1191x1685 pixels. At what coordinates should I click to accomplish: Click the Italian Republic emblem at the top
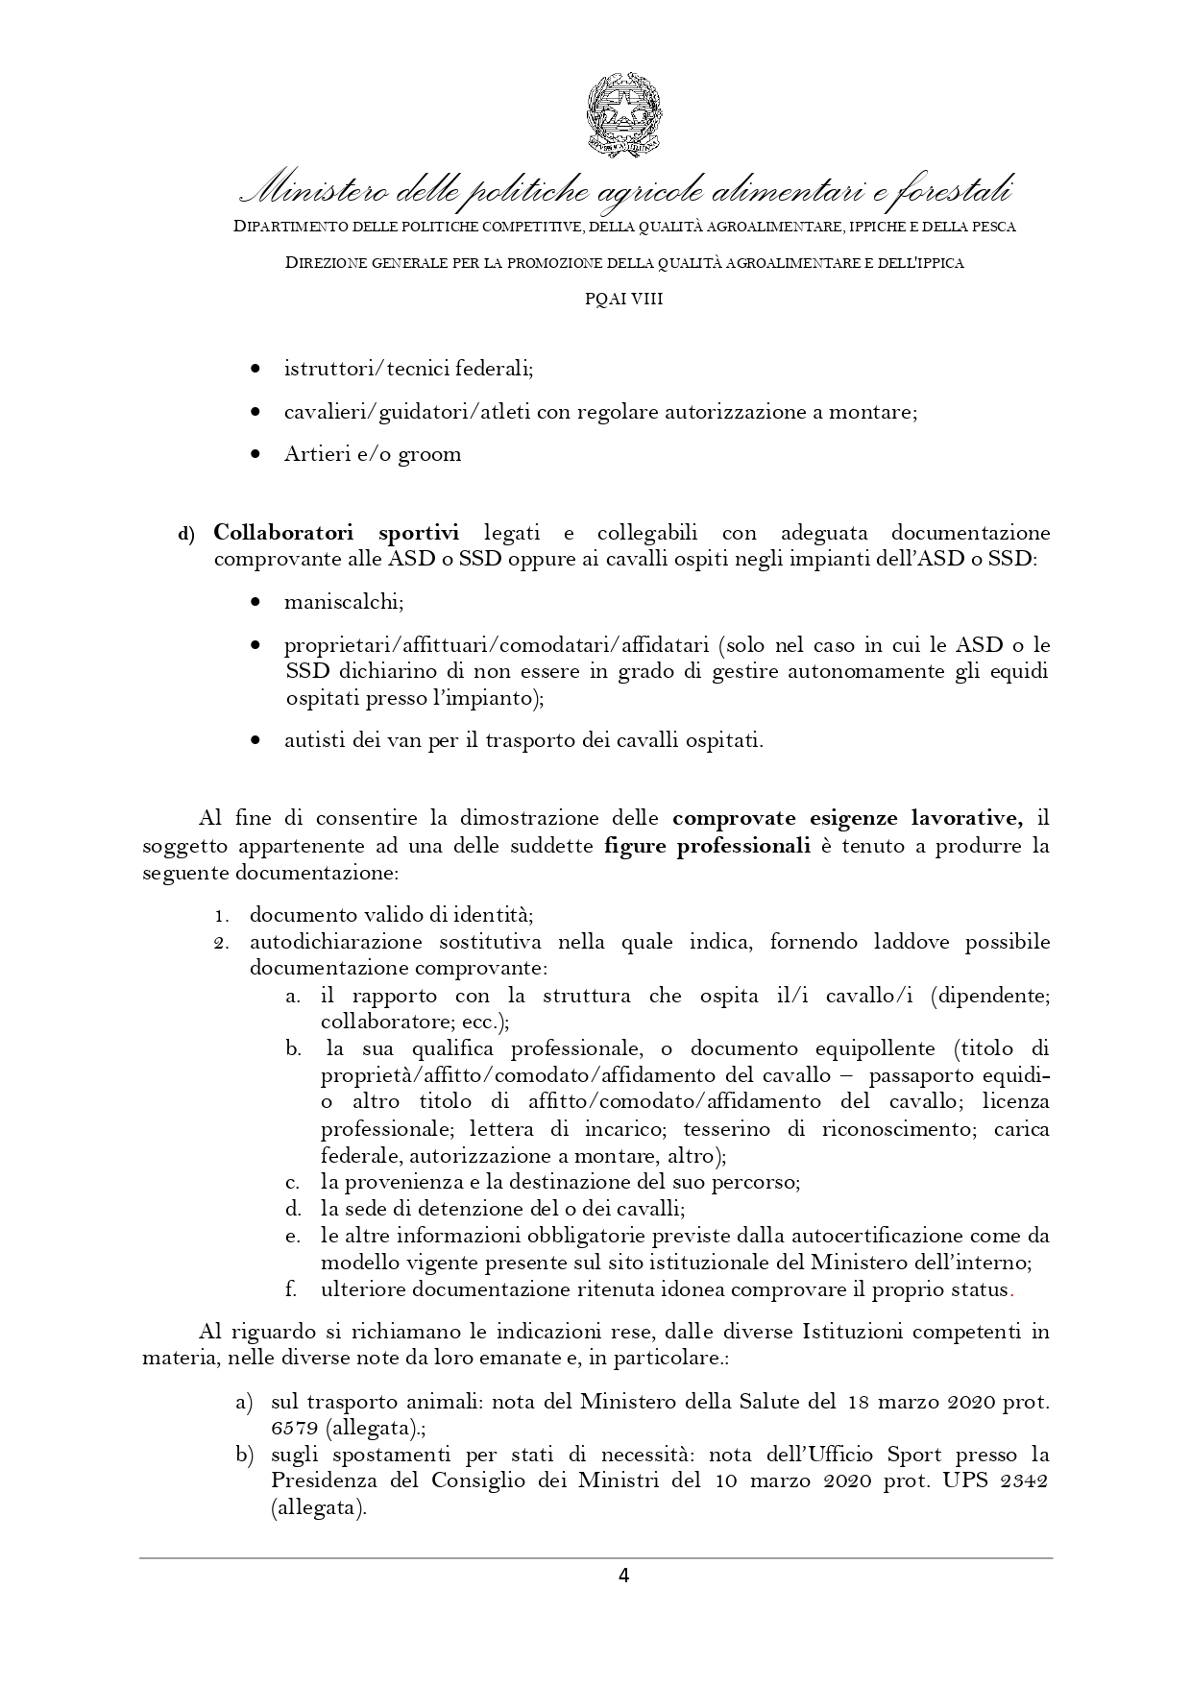623,113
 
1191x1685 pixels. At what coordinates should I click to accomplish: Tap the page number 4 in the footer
623,1575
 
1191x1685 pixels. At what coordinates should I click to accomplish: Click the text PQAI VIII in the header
624,299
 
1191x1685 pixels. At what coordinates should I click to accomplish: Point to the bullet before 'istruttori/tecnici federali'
255,369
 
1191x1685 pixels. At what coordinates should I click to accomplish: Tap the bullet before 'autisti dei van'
255,741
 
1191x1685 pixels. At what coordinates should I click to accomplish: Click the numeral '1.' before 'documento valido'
221,916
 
